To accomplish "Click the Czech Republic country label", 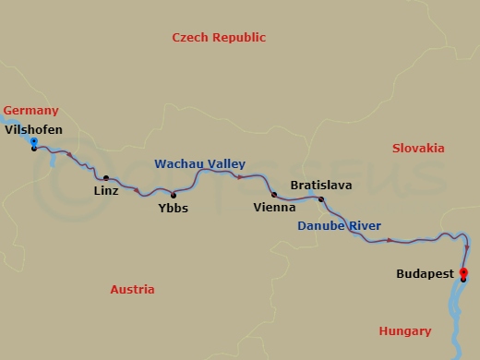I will tap(219, 38).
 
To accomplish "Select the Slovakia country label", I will tap(417, 149).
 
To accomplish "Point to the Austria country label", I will tap(132, 289).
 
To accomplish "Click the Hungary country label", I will tap(404, 331).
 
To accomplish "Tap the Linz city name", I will tap(106, 192).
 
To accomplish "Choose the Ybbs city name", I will tap(173, 209).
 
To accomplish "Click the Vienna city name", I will tap(274, 209).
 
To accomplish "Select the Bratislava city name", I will tap(321, 186).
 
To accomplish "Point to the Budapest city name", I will tap(424, 274).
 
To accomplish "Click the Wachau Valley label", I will tap(199, 163).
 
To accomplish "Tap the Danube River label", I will tap(339, 226).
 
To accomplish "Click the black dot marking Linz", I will tap(105, 178).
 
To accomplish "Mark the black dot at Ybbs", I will tap(173, 195).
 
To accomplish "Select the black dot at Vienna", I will tap(274, 195).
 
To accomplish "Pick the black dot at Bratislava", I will tap(321, 199).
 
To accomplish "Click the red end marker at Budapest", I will tap(463, 272).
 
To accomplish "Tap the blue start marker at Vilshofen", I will tap(34, 142).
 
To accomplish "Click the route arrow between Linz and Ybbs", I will tap(138, 191).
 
